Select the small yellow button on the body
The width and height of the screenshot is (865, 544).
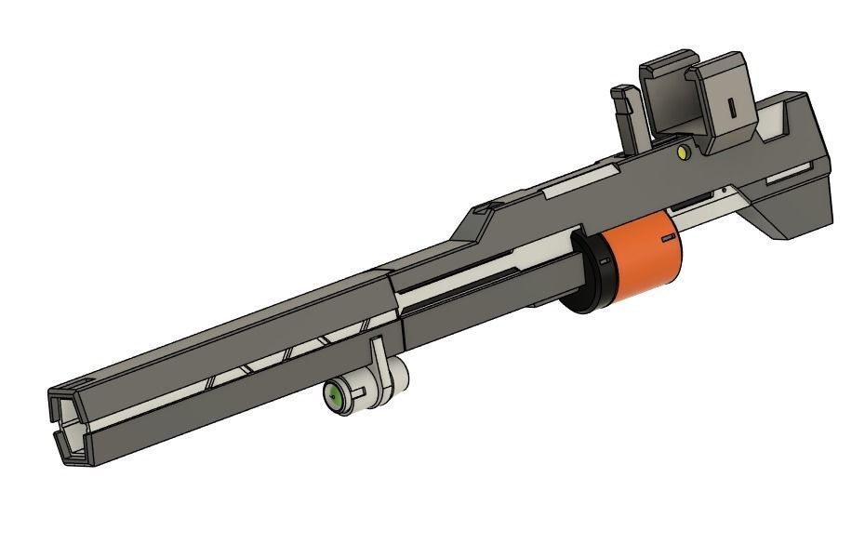click(685, 151)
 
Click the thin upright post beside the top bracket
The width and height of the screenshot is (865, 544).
click(624, 116)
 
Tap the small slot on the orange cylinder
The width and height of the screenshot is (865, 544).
click(667, 239)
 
